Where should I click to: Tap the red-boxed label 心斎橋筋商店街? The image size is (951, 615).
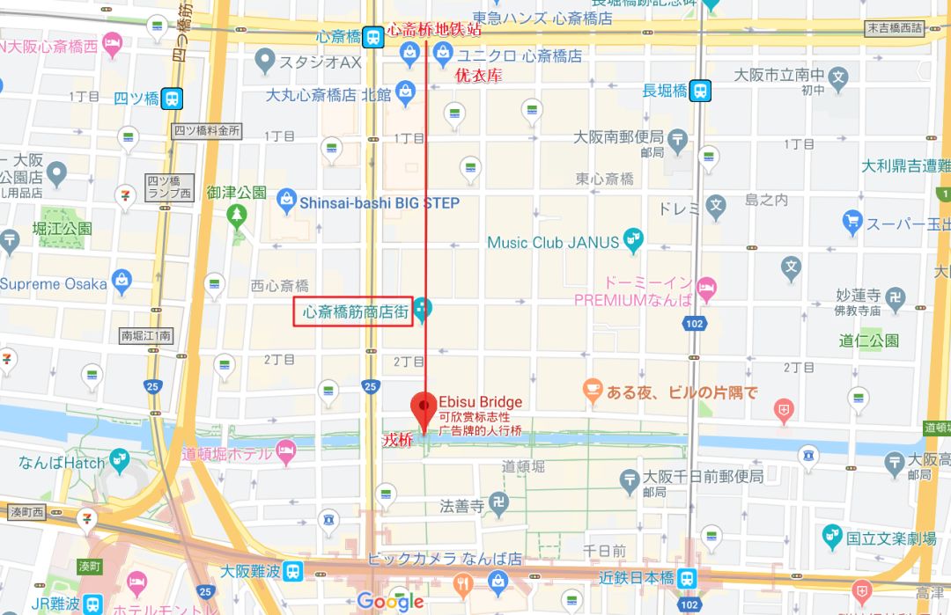coord(353,311)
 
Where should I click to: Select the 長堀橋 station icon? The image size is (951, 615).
coord(701,90)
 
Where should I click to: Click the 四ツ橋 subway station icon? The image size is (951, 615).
coord(173,98)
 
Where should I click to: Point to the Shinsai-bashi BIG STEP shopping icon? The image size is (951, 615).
coord(286,202)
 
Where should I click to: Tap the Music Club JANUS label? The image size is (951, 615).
coord(553,242)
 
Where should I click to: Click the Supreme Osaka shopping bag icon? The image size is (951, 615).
coord(122,283)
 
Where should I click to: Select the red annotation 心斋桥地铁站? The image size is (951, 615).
coord(435,30)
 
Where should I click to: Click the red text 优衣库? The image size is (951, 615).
coord(478,76)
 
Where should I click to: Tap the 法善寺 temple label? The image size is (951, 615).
coord(461,506)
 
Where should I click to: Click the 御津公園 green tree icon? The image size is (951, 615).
coord(236,213)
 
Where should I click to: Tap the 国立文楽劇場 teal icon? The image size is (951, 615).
coord(832,536)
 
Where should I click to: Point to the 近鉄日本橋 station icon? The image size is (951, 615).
coord(689,577)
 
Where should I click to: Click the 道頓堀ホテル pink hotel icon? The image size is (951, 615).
coord(285,452)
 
